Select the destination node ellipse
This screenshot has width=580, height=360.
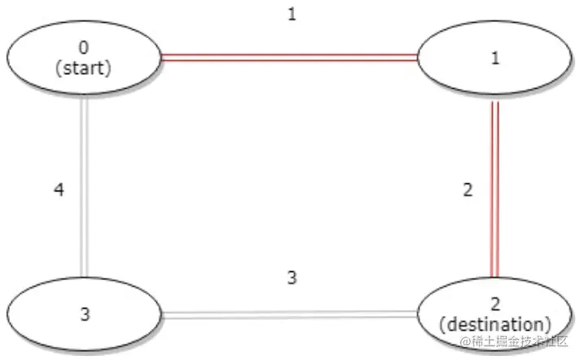point(494,314)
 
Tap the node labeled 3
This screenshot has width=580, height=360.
point(83,314)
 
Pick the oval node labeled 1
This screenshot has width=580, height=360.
point(494,59)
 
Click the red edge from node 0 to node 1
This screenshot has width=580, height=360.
point(288,58)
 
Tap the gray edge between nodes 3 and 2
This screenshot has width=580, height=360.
point(288,314)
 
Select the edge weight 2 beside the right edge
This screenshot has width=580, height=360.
point(467,191)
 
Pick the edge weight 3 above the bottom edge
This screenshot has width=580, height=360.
point(291,277)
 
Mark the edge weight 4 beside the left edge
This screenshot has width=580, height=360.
point(58,191)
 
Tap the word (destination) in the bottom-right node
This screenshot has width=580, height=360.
point(494,323)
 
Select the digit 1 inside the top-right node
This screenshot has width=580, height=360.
point(494,59)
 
